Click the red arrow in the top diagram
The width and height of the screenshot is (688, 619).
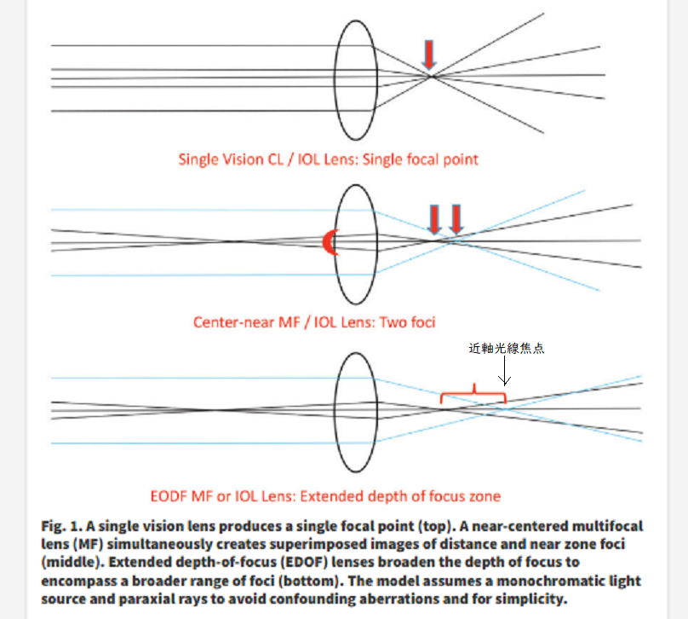429,54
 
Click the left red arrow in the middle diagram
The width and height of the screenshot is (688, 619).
434,218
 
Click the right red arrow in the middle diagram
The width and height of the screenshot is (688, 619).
456,218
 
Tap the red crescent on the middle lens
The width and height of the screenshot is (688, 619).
329,243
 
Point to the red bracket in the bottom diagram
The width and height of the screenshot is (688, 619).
473,394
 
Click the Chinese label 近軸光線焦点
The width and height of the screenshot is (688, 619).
506,348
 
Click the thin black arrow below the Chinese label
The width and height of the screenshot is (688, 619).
505,371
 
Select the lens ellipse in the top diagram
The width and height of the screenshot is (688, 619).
354,80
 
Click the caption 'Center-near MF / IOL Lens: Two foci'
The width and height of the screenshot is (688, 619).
313,321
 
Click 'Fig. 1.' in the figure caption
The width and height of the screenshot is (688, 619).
62,526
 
